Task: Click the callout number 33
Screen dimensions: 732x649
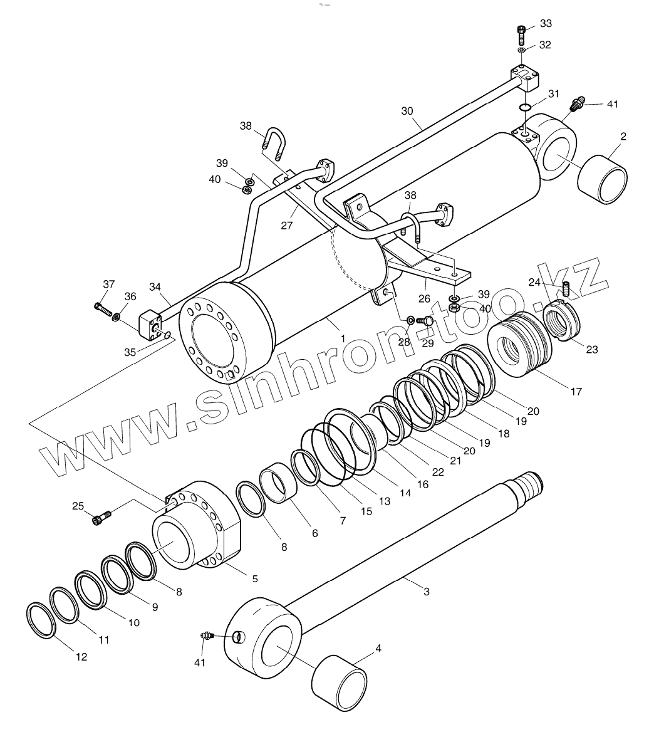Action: click(546, 23)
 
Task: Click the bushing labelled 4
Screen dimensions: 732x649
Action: click(340, 684)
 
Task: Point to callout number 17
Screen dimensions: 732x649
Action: click(576, 392)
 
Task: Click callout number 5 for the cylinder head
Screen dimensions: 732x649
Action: click(255, 578)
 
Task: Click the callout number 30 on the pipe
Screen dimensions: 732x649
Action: click(407, 111)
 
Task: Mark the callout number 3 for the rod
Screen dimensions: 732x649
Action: click(427, 591)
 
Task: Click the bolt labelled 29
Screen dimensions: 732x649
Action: click(426, 322)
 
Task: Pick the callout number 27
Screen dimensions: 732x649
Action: click(287, 226)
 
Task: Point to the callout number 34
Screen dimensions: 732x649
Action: click(155, 287)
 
